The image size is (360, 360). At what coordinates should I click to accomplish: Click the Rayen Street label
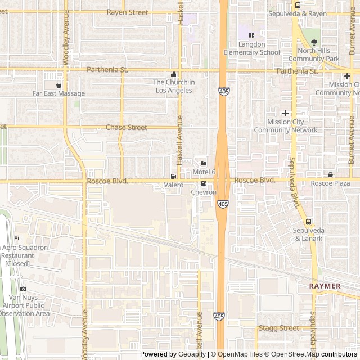point(127,12)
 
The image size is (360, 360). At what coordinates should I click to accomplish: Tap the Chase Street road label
point(127,128)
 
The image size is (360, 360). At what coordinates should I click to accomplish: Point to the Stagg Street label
point(279,328)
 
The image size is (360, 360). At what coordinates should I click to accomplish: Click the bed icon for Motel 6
point(204,164)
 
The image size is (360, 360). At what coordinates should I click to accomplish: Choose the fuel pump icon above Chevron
point(204,184)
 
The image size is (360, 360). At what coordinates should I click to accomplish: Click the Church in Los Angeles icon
point(174,74)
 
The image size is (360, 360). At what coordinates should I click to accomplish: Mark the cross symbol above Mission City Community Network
point(285,114)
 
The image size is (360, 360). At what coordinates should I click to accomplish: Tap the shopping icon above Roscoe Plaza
point(330,175)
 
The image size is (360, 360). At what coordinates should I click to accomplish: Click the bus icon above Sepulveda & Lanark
point(308,222)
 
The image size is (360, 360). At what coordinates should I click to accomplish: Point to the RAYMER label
point(325,286)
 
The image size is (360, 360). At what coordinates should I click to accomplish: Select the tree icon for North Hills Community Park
point(314,42)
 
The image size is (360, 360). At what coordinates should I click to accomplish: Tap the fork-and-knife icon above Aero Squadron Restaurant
point(17,239)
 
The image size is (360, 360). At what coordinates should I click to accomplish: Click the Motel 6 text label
point(204,172)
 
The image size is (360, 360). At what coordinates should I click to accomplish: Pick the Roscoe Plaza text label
point(330,183)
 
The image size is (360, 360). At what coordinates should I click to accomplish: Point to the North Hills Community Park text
point(314,54)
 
